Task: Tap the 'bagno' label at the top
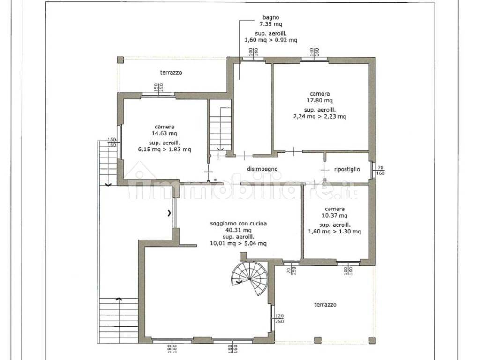pos(271,17)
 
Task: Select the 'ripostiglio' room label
pos(347,169)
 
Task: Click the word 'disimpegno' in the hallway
pos(262,169)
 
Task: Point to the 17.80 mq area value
pos(320,100)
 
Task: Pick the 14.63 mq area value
pos(165,134)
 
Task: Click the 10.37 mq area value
pos(335,216)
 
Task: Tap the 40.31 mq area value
pos(239,230)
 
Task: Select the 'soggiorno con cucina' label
pos(239,224)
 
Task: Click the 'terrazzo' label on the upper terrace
pos(171,73)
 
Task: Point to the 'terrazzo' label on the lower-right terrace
pos(325,305)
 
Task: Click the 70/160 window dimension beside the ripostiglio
pos(381,171)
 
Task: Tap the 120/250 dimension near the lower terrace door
pos(279,319)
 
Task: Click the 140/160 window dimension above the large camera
pos(315,52)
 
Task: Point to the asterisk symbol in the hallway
pos(215,180)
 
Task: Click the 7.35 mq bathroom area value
pos(271,24)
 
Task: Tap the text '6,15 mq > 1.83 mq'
pos(165,150)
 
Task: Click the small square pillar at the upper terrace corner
pos(120,60)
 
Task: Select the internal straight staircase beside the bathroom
pos(220,128)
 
